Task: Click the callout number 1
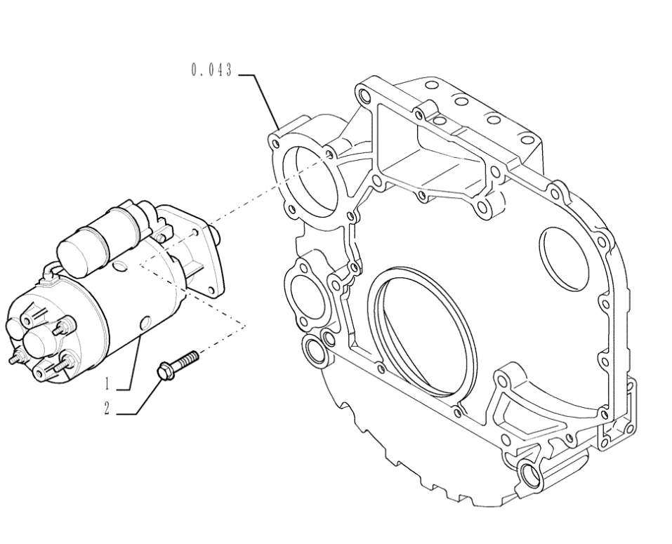pyautogui.click(x=107, y=384)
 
